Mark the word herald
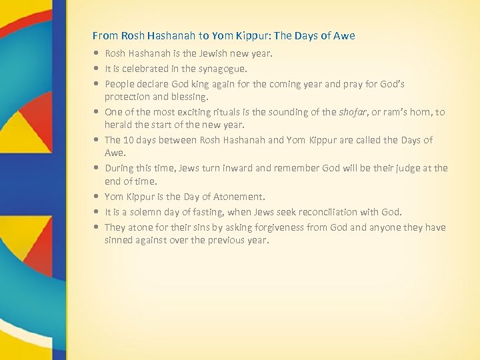[118, 124]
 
